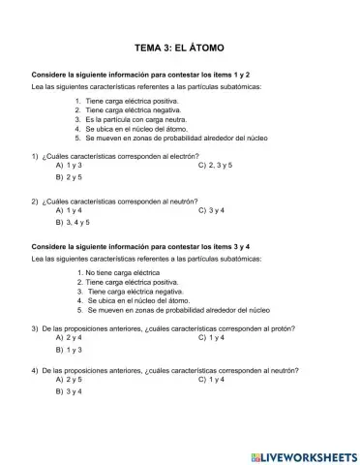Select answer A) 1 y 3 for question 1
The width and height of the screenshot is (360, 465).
coord(69,165)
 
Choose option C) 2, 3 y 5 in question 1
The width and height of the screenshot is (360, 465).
coord(215,165)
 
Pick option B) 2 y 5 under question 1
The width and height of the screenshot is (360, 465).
coord(69,178)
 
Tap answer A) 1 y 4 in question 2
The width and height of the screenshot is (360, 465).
coord(69,210)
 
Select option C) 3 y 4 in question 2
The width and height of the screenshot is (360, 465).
coord(210,210)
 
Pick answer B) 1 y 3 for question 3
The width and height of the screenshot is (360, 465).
coord(69,351)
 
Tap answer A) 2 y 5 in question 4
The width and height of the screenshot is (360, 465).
coord(69,380)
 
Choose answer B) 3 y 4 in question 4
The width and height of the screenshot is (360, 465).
coord(69,392)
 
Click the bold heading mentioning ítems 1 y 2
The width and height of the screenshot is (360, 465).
coord(141,75)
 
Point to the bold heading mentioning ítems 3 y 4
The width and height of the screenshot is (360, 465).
coord(141,248)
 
